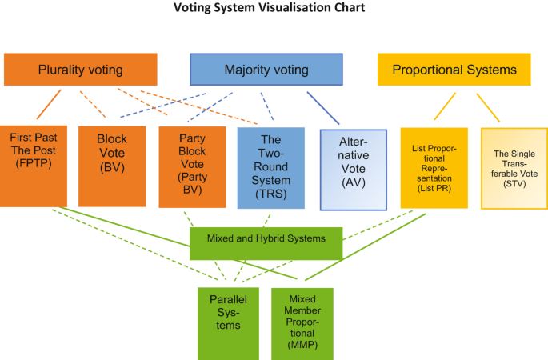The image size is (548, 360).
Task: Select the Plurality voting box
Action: click(x=80, y=70)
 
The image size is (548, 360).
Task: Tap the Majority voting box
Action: click(x=266, y=70)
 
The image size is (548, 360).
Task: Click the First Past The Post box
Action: click(x=33, y=166)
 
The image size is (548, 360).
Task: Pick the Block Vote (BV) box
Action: click(x=111, y=166)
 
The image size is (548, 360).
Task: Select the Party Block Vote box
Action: click(x=190, y=166)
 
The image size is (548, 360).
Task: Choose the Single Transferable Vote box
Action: click(x=514, y=168)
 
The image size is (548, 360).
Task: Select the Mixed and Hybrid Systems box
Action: click(x=266, y=238)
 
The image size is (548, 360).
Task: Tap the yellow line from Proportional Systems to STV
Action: click(x=487, y=107)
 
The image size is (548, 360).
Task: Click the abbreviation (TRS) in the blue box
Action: click(x=270, y=193)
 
